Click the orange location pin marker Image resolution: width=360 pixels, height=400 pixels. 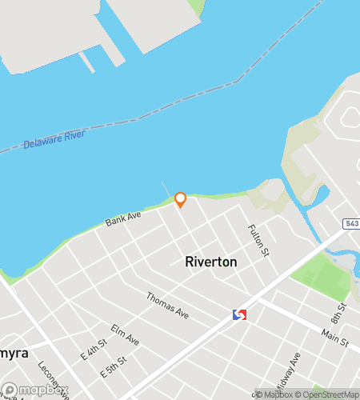180,199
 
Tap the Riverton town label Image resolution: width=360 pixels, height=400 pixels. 210,262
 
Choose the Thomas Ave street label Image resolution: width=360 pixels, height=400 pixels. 166,303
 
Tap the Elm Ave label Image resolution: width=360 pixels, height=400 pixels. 125,335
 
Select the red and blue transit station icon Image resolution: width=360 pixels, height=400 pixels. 239,315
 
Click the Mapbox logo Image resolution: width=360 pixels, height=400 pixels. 32,391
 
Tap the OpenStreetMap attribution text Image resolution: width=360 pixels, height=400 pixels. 326,394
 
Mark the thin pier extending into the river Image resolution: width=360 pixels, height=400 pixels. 166,190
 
